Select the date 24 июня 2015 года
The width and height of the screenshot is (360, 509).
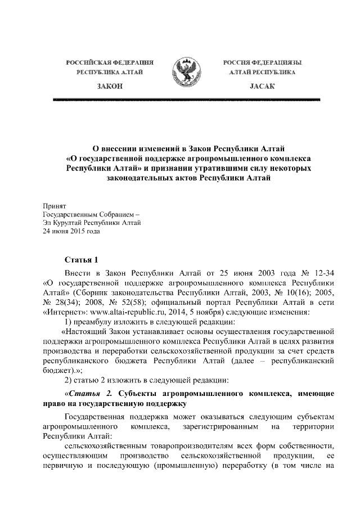71,231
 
